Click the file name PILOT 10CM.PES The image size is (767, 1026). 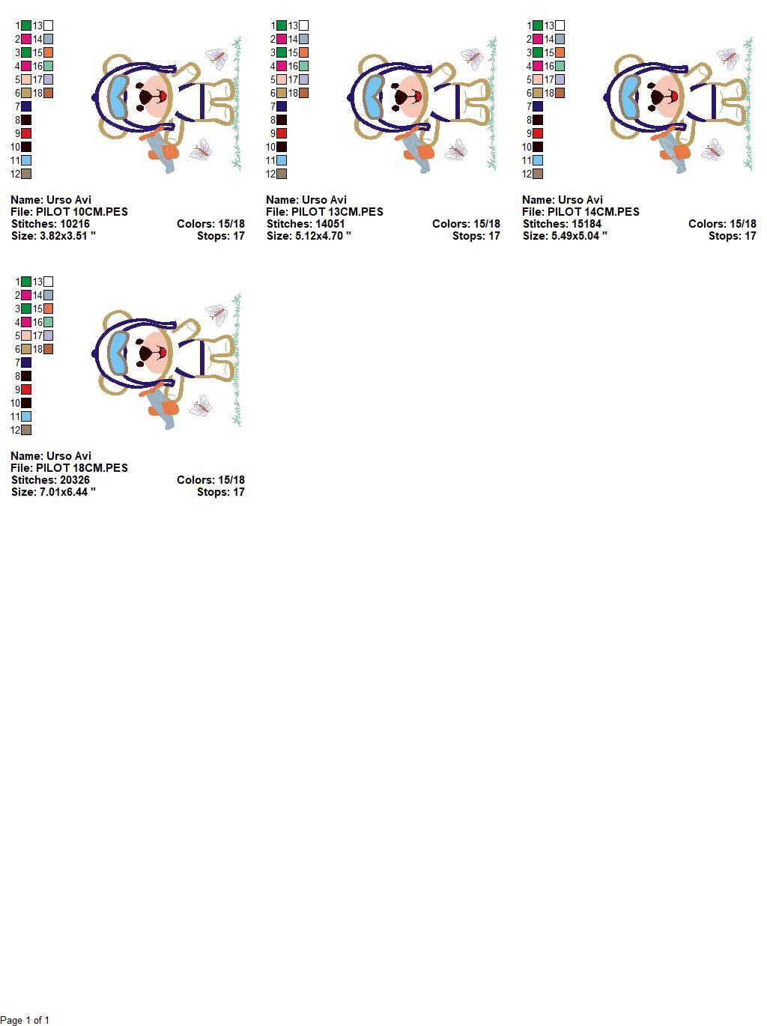pos(82,212)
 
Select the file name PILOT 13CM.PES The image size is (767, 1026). pos(337,212)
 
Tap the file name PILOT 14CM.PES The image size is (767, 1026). pos(593,212)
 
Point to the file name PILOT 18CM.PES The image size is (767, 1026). pos(82,468)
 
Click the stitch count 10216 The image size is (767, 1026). pos(73,224)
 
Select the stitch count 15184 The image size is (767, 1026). pos(585,224)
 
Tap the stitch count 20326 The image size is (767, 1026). pos(73,480)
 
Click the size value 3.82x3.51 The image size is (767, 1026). pos(66,236)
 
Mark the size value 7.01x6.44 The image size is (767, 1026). pos(66,492)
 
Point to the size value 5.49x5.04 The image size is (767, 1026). pos(577,236)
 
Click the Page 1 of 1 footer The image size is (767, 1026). pos(25,1020)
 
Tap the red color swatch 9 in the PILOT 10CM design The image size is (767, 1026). pos(26,133)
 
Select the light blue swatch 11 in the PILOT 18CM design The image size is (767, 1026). pos(26,416)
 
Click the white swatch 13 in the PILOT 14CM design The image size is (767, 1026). pos(560,25)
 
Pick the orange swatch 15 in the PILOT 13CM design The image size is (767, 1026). pos(303,52)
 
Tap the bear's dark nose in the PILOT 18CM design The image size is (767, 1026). pos(146,352)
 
